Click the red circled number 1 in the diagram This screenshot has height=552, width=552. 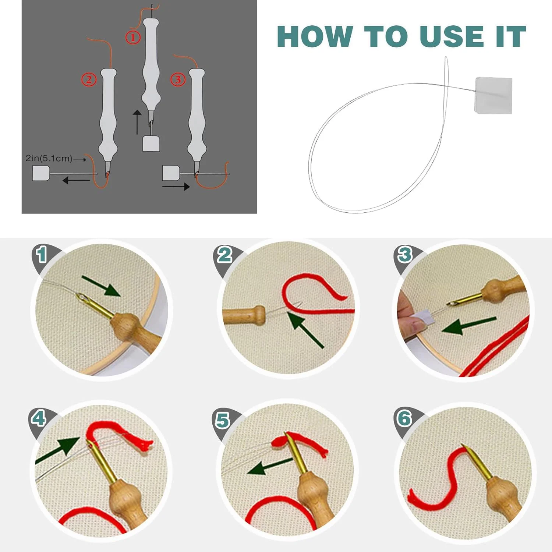(x=133, y=37)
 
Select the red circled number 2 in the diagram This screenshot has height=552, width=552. (x=89, y=79)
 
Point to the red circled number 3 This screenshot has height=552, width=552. (x=178, y=79)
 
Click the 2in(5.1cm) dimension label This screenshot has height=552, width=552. (x=49, y=158)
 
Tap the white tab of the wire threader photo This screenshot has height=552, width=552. (x=493, y=95)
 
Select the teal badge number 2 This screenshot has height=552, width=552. (x=224, y=255)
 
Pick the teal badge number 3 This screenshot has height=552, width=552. (x=405, y=255)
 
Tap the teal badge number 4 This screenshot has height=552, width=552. (x=39, y=418)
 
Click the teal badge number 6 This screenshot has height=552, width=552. (x=404, y=418)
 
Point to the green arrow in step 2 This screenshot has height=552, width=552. (x=305, y=329)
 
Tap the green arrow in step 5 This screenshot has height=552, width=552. (x=270, y=467)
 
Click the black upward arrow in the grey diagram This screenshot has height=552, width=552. (x=137, y=122)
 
